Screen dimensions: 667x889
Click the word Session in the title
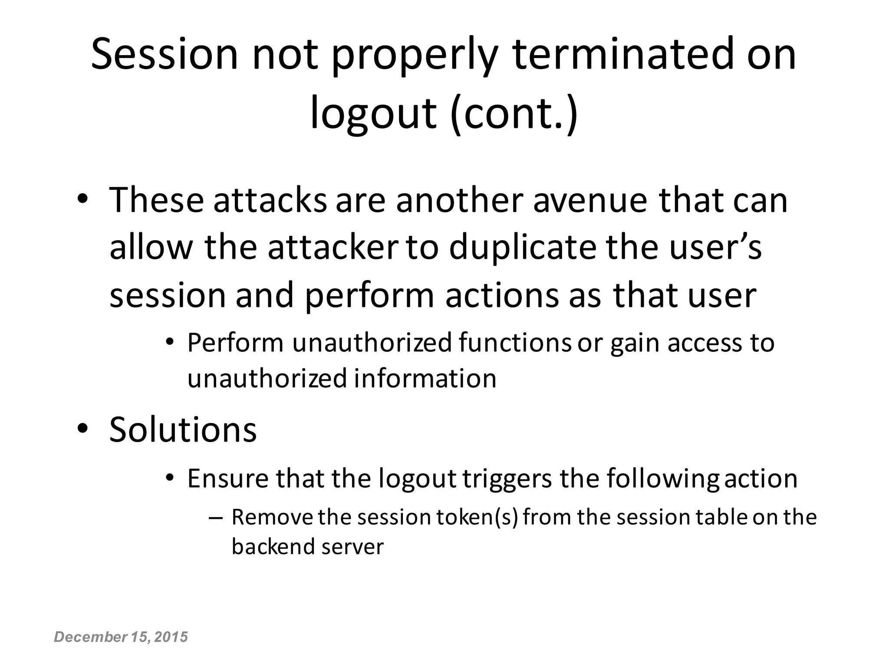(165, 54)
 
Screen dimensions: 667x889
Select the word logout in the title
(373, 114)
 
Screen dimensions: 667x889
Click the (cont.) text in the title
(514, 114)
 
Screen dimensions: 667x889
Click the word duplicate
(523, 248)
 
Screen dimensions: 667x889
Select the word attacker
(333, 248)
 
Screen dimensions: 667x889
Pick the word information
(425, 378)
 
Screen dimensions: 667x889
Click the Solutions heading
(183, 430)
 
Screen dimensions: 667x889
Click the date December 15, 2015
(121, 637)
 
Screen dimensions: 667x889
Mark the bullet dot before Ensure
(170, 479)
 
